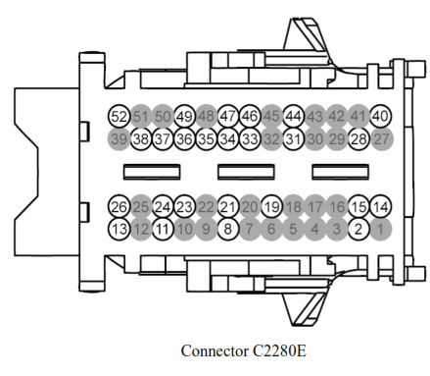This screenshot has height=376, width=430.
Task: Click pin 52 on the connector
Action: coord(119,116)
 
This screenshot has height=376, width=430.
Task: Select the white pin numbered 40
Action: coord(381,116)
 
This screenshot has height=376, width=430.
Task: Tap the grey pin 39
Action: coord(119,138)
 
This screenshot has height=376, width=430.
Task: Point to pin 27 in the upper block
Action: coord(381,138)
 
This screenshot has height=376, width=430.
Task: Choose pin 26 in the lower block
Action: coord(119,207)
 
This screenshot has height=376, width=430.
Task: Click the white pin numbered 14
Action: coord(381,207)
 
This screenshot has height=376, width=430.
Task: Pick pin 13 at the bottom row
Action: coord(119,230)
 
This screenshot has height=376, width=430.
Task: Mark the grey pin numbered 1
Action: coord(381,230)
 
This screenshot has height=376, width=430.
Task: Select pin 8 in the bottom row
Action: coord(228,230)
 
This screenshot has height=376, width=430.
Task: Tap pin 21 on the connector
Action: coord(228,207)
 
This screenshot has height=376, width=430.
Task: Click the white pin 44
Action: coord(294,116)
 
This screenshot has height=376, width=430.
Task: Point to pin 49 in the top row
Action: coord(184,116)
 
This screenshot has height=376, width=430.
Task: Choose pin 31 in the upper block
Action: coord(294,138)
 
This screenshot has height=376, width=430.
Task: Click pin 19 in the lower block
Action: coord(272,207)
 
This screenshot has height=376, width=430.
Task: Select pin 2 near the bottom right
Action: coord(359,230)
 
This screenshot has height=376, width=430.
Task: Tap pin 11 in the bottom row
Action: coord(163,230)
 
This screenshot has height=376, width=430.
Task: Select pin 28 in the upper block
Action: coord(359,138)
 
